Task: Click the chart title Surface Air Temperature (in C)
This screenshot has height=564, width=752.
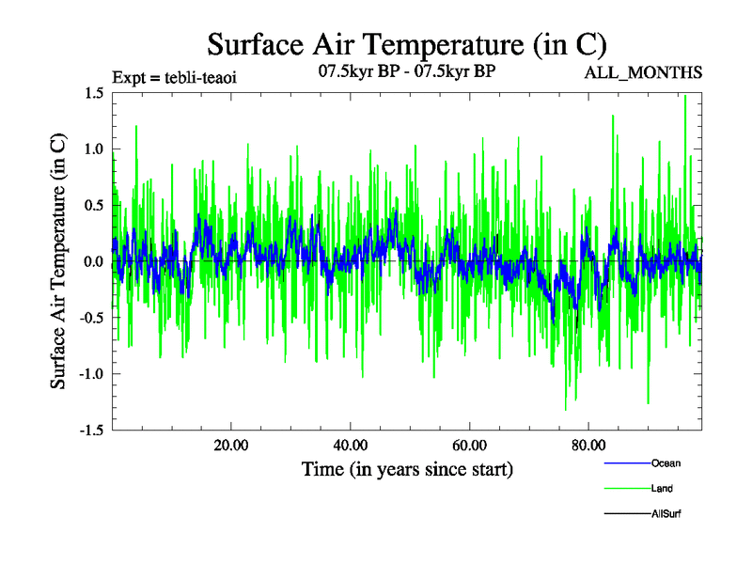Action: click(407, 44)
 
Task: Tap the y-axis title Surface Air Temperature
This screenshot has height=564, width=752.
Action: click(58, 261)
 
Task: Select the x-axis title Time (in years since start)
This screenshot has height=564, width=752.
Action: click(407, 468)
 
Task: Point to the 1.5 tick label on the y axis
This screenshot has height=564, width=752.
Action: click(92, 93)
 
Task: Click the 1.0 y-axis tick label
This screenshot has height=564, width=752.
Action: click(92, 149)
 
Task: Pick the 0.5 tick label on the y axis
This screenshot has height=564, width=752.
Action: click(92, 205)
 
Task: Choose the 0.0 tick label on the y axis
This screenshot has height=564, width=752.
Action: click(92, 261)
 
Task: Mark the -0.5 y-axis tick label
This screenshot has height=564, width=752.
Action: click(89, 318)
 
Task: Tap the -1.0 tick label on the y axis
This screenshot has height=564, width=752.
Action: click(89, 373)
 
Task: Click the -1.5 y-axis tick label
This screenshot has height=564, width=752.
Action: click(89, 430)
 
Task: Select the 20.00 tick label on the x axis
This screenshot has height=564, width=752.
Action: click(231, 445)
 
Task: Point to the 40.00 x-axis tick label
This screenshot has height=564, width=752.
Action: click(350, 445)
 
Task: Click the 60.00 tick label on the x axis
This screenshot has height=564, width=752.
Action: click(469, 445)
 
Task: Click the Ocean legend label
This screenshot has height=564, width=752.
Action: click(666, 463)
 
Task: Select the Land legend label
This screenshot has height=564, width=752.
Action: click(662, 489)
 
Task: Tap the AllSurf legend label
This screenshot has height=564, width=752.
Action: click(666, 514)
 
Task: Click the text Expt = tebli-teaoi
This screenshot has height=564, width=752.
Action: click(174, 77)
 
